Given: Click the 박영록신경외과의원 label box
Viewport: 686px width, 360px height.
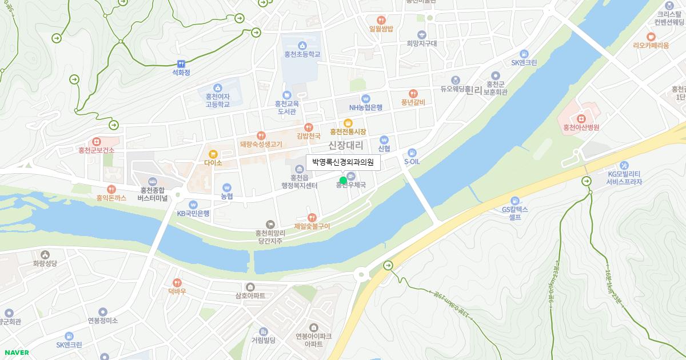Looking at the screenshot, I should [x=343, y=163].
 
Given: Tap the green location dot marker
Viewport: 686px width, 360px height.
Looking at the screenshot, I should [x=343, y=181].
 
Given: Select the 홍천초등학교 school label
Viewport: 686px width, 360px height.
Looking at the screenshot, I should [x=302, y=54].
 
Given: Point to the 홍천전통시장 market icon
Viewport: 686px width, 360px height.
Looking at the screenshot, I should [x=348, y=123].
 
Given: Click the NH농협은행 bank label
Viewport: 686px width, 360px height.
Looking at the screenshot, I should [x=366, y=107].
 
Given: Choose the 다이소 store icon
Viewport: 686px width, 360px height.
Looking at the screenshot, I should [x=213, y=154].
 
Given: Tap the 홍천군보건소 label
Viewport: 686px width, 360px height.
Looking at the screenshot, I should [x=97, y=150].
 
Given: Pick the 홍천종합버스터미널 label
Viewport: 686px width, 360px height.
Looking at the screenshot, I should [x=152, y=194].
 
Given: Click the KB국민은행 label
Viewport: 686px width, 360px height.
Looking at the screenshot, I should [x=193, y=214].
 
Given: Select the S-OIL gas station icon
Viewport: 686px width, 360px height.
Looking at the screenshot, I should [x=412, y=153].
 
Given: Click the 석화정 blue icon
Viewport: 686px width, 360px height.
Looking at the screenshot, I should [x=181, y=63].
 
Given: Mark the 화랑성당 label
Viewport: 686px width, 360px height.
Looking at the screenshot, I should [x=45, y=263].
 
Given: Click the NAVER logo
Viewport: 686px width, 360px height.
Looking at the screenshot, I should [x=16, y=352].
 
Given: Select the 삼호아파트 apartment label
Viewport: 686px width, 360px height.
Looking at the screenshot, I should [x=250, y=296].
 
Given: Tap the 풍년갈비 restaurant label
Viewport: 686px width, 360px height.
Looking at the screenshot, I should [x=413, y=102].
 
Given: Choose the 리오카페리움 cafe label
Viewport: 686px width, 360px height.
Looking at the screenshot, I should [x=651, y=45].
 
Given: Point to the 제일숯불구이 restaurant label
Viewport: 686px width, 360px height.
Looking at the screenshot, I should [x=312, y=226].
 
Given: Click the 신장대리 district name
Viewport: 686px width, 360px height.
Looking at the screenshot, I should [x=345, y=146].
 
